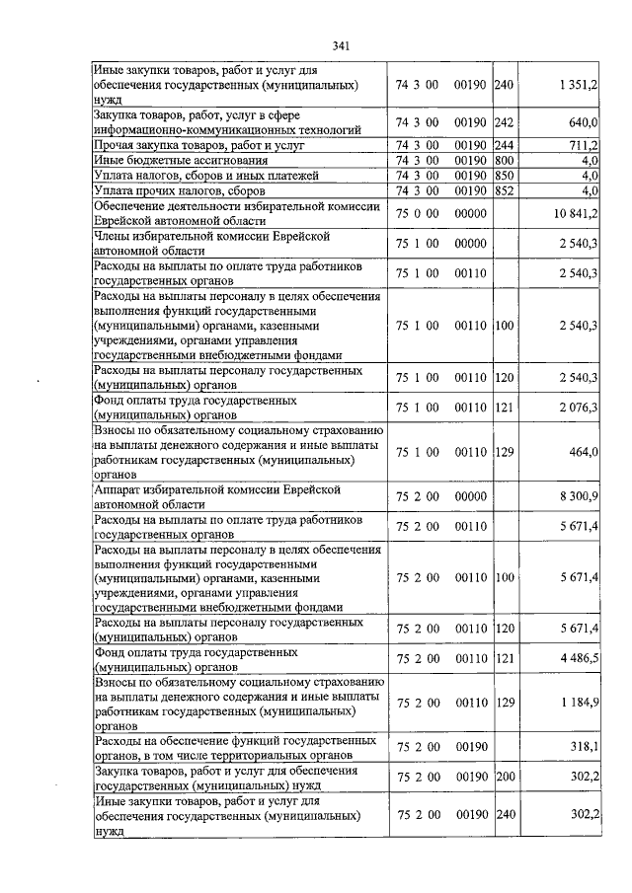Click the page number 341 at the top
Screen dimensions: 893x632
tap(342, 45)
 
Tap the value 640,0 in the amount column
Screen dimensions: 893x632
tap(583, 123)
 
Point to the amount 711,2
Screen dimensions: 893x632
tap(583, 145)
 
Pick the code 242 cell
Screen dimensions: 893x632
tap(504, 123)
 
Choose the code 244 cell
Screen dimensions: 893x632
tap(504, 145)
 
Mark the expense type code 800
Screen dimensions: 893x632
tap(504, 160)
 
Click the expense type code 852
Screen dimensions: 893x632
tap(504, 190)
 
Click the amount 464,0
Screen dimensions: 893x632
tap(583, 452)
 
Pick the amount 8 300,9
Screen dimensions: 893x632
tap(577, 495)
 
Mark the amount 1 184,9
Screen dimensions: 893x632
tap(577, 705)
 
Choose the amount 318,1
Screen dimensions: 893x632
tap(583, 748)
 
